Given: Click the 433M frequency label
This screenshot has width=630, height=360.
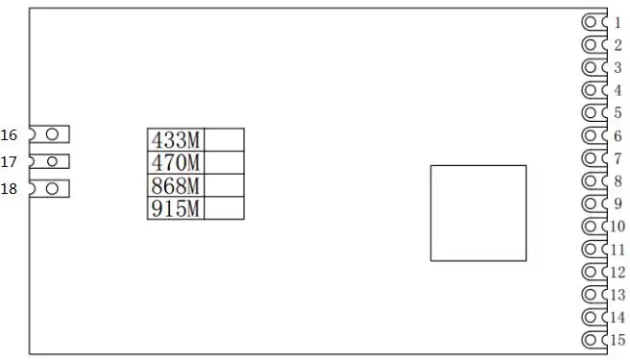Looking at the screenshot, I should (x=175, y=139).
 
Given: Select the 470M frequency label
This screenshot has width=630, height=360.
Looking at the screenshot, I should (x=175, y=162).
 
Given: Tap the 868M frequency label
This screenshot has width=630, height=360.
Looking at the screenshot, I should (x=175, y=185).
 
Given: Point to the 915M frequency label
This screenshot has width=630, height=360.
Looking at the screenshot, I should (x=175, y=208).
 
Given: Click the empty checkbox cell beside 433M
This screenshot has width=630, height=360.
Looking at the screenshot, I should (x=224, y=139).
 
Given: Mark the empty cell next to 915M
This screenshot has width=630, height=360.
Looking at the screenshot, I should (x=224, y=208).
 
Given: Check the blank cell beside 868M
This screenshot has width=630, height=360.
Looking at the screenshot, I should (x=224, y=185).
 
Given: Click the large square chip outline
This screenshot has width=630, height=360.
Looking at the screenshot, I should (x=478, y=212).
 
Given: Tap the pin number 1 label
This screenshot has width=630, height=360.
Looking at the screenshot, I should (x=618, y=22).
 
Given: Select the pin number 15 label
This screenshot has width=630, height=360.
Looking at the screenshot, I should (x=618, y=340).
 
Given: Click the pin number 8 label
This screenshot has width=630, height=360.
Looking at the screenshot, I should (x=618, y=180).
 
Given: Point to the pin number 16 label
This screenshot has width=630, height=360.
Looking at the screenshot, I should (x=10, y=135).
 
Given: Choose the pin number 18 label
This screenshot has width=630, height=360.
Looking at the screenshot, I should (x=10, y=189).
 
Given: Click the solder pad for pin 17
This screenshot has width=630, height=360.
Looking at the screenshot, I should (x=53, y=161).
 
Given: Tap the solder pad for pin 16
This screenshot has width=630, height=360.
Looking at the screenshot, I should (x=53, y=134).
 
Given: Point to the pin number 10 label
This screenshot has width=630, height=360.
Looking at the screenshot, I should (x=618, y=227).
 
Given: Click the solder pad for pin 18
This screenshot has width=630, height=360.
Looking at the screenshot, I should (x=53, y=188).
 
